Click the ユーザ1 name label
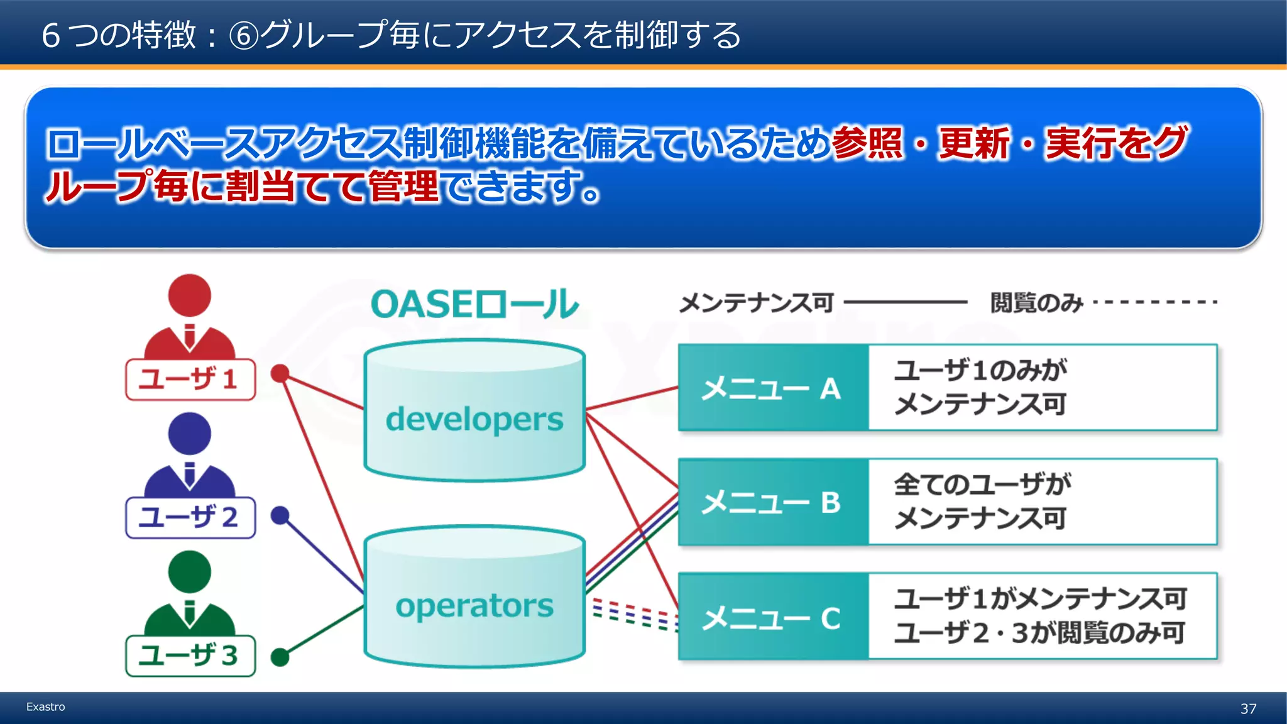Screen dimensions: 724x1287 pos(190,380)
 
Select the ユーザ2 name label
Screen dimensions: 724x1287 pos(190,518)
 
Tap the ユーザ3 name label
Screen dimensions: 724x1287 pos(190,656)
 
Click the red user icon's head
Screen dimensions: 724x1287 pos(189,295)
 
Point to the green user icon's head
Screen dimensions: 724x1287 pos(189,572)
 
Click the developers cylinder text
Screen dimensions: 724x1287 pos(474,420)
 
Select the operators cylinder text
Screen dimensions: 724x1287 pos(474,606)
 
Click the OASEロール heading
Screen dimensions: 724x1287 pos(474,304)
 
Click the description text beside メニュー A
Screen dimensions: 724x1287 pos(980,387)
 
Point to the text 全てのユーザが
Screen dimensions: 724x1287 pos(982,485)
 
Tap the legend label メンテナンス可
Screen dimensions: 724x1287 pos(756,303)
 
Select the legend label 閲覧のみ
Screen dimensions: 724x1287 pos(1036,303)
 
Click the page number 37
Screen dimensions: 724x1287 pos(1248,709)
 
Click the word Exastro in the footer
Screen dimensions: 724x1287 pos(45,707)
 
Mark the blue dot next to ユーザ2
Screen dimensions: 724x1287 pos(280,516)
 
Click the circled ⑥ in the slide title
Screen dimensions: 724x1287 pos(244,36)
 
